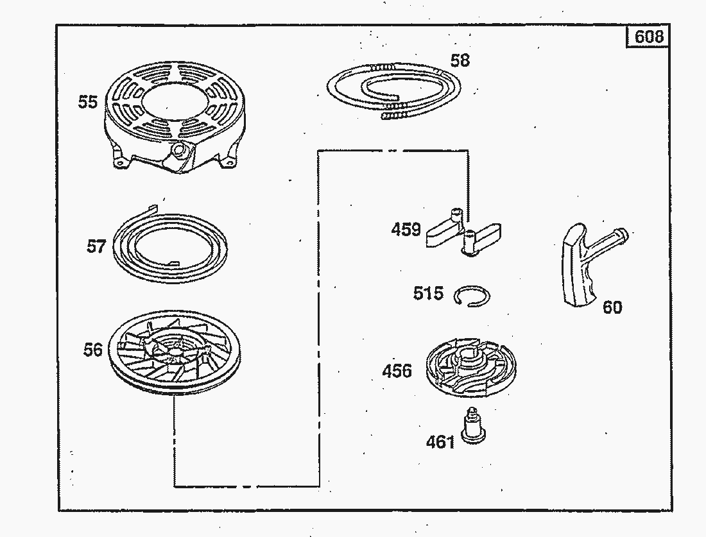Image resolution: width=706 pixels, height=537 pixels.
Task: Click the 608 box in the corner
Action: pyautogui.click(x=648, y=36)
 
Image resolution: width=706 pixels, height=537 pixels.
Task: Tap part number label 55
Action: pyautogui.click(x=88, y=102)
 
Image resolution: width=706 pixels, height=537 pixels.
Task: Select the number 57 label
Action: pyautogui.click(x=96, y=246)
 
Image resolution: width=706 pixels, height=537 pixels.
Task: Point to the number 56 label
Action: pyautogui.click(x=93, y=350)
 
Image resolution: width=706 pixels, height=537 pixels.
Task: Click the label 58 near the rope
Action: pyautogui.click(x=460, y=60)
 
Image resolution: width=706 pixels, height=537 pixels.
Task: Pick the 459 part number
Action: pyautogui.click(x=406, y=230)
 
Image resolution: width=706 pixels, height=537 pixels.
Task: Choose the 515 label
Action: pyautogui.click(x=428, y=293)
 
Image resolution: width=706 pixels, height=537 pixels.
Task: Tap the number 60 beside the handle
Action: pyautogui.click(x=612, y=307)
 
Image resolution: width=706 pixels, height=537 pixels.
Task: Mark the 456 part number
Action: pyautogui.click(x=397, y=371)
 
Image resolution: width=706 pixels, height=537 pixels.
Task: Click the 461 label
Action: pyautogui.click(x=440, y=442)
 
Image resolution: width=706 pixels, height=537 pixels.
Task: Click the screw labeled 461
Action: pyautogui.click(x=473, y=426)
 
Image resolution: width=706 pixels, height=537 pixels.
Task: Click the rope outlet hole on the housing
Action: pyautogui.click(x=180, y=149)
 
